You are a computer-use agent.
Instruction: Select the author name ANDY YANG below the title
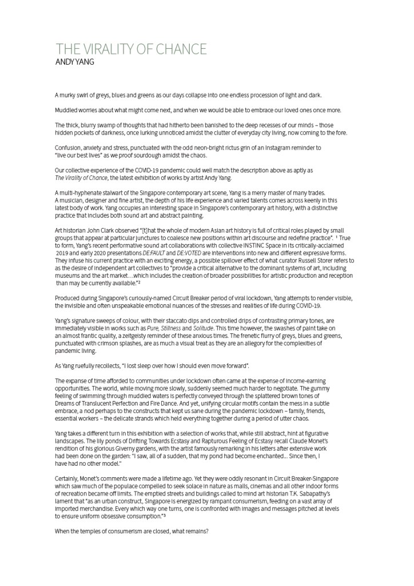(75, 61)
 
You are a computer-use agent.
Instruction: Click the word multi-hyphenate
(78, 192)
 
